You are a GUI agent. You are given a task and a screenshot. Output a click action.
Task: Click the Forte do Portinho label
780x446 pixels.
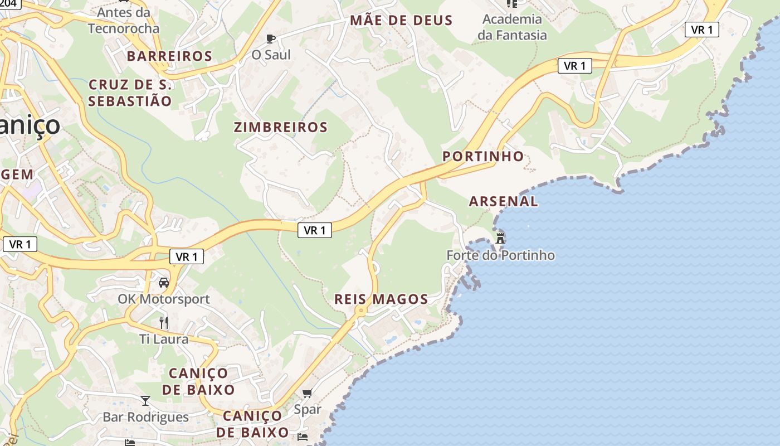500,255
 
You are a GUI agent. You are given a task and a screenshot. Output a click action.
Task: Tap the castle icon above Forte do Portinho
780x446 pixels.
500,238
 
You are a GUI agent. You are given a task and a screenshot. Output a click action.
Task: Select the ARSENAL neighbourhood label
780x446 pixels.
503,201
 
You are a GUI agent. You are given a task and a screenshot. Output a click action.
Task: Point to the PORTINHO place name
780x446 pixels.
483,156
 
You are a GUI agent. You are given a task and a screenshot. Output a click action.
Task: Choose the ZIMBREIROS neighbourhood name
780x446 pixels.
281,127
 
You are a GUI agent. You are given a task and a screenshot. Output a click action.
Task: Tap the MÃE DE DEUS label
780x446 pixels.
401,21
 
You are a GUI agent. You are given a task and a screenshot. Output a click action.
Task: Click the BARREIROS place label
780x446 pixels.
169,56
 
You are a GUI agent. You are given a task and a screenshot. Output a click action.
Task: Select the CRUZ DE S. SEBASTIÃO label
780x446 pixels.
130,93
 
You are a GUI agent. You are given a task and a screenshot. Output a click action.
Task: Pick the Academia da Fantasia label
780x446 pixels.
512,27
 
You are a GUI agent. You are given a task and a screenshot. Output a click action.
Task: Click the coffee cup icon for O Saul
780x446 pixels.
271,38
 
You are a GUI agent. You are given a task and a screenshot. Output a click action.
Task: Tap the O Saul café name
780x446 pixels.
271,55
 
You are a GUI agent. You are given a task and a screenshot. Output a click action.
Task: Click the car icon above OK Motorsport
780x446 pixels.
164,283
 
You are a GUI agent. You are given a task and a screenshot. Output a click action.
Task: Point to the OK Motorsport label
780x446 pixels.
164,299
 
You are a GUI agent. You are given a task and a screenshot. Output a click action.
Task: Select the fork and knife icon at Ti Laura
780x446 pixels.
164,322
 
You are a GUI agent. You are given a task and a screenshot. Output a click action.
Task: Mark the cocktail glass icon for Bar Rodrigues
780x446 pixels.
145,400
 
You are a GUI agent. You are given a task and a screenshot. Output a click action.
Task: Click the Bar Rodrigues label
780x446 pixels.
145,417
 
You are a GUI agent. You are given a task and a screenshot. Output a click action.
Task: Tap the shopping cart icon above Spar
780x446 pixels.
307,393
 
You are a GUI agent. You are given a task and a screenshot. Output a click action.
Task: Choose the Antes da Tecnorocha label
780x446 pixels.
124,20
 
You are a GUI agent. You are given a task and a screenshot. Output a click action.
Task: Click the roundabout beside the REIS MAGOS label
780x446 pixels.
361,310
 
